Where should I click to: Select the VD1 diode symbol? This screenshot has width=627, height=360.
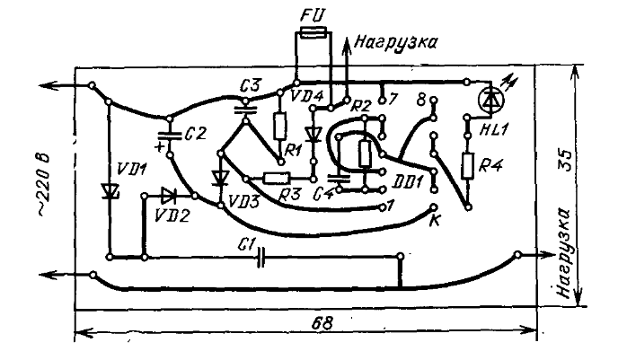pos(109,191)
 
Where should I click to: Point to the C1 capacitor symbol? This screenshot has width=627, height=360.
pos(261,259)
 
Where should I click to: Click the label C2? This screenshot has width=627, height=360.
pos(195,133)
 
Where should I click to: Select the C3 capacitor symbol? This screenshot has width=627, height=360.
pos(243,108)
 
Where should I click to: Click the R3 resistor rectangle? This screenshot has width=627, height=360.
pos(277,178)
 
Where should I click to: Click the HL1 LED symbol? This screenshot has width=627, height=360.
pos(490,101)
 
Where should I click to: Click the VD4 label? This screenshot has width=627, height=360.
pos(308,95)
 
